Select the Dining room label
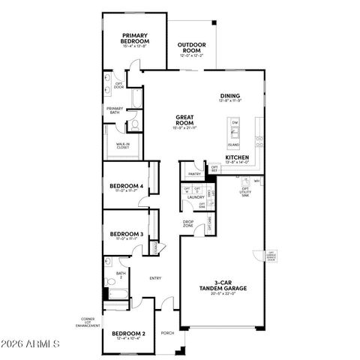[229, 95]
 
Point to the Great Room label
[186, 118]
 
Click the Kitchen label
[237, 158]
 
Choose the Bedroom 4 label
[126, 186]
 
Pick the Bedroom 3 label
[126, 235]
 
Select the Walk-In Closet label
[122, 145]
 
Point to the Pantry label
[194, 173]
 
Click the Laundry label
[196, 197]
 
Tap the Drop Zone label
[190, 223]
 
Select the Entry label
[155, 278]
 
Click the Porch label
[167, 333]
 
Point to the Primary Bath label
[115, 109]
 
